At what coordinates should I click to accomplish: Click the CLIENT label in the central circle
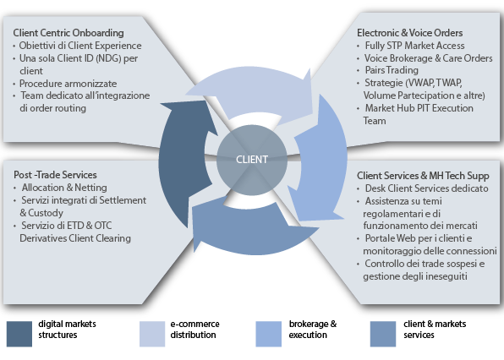[x=252, y=160]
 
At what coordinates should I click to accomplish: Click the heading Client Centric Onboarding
[x=68, y=33]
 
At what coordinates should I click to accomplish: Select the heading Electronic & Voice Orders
[x=410, y=33]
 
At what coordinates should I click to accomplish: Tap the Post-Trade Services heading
[x=55, y=175]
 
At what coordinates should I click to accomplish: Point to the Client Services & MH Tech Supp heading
[x=423, y=176]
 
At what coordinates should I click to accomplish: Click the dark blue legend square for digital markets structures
[x=19, y=334]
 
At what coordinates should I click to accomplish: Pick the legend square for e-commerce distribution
[x=152, y=334]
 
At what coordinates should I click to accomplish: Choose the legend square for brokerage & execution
[x=268, y=334]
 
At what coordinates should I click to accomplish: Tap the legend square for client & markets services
[x=383, y=334]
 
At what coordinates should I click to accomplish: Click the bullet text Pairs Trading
[x=392, y=70]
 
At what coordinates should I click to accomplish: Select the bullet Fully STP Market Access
[x=414, y=46]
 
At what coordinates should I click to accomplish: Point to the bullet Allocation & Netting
[x=64, y=188]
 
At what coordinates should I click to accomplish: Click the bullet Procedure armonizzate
[x=68, y=84]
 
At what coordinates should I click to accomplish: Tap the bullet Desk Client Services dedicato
[x=426, y=188]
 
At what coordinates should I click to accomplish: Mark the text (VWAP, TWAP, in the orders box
[x=434, y=83]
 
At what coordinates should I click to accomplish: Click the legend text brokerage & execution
[x=313, y=330]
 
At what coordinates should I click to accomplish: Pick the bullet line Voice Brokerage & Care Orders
[x=429, y=58]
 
